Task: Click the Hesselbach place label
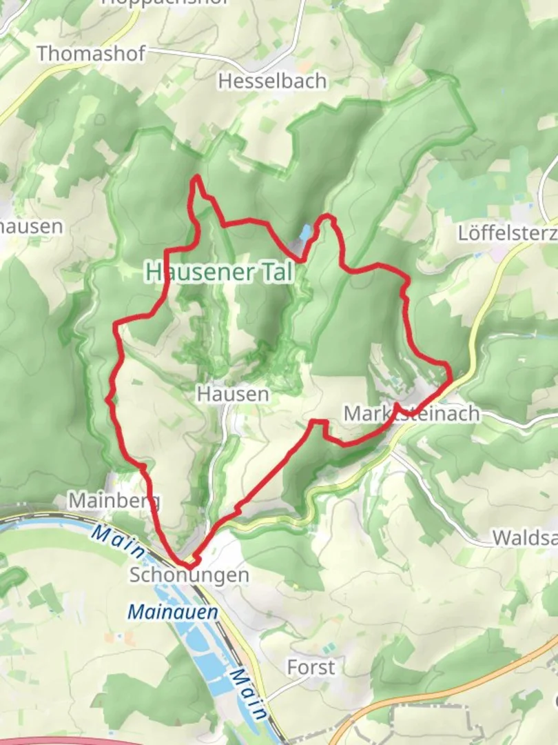272,81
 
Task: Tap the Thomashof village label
91,53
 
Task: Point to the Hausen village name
232,394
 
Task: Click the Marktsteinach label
411,413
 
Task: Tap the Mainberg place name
114,500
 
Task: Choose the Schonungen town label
189,575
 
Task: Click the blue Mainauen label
173,611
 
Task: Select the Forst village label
311,667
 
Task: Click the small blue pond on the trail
304,233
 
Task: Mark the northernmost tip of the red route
198,177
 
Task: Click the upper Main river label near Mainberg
118,542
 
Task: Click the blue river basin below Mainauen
207,662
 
